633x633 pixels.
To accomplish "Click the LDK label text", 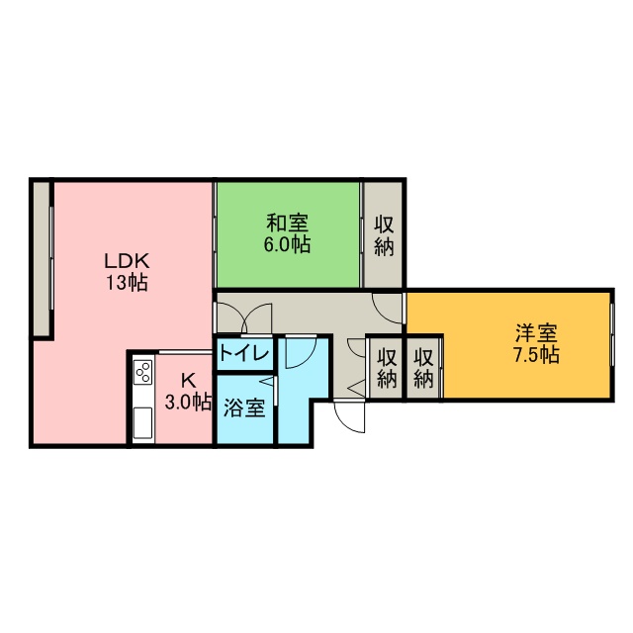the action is pos(127,261).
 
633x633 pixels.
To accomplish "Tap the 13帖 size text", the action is pos(127,283).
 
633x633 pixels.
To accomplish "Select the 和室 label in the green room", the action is pos(288,224).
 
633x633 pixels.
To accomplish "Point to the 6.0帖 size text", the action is pos(288,244).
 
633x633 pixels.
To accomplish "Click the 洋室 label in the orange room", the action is pos(536,333).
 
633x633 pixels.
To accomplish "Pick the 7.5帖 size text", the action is pos(536,355).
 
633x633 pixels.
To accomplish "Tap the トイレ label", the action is pos(244,354).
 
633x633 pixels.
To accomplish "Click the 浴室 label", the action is pos(244,407).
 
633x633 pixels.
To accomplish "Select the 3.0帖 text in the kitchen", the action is pos(188,403).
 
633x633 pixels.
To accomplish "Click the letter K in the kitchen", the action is pos(188,380).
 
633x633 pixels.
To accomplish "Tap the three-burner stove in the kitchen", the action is pos(143,372).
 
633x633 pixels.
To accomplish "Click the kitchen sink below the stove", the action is pos(142,422).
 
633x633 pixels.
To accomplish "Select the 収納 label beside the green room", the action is pos(384,235).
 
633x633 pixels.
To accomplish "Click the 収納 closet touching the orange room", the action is pos(423,368).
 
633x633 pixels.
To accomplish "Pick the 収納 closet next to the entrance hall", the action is pos(387,368).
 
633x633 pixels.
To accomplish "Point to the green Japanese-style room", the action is pos(288,235).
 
